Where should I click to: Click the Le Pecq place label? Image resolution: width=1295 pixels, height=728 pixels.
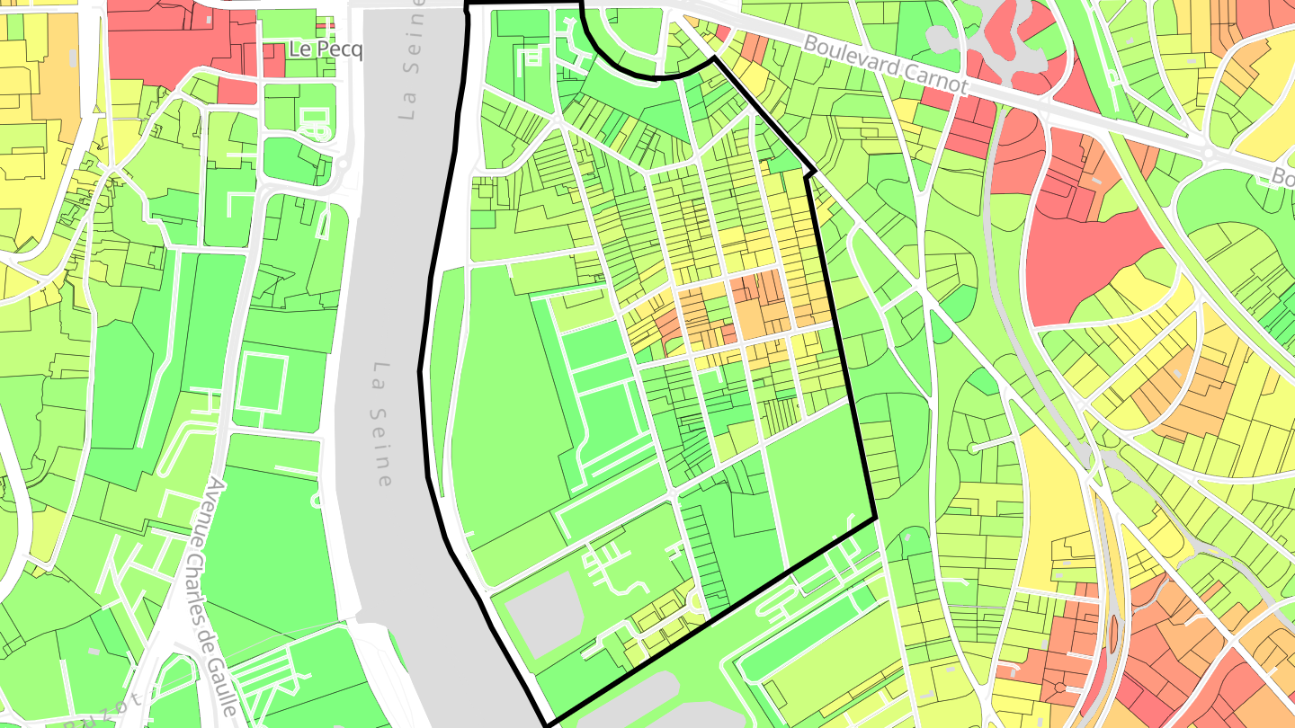326,49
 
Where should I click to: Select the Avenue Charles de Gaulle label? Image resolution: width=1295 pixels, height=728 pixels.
220,598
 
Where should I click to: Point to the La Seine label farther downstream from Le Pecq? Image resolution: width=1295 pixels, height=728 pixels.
383,423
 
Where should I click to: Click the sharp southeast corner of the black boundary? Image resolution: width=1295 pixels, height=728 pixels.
875,519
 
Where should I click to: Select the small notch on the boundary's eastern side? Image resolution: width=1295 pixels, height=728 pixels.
812,170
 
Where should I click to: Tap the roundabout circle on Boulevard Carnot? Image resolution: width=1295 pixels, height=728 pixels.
1208,152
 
